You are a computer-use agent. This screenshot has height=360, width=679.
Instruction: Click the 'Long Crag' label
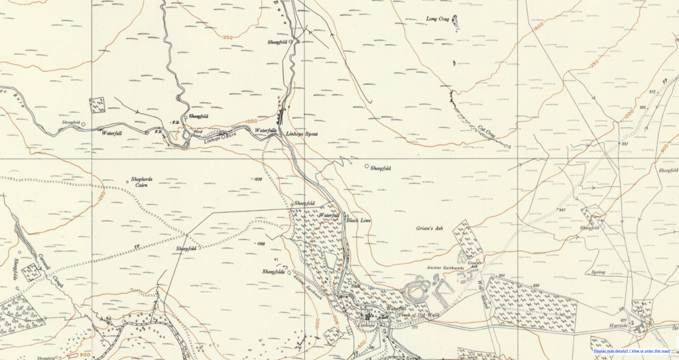click(438, 19)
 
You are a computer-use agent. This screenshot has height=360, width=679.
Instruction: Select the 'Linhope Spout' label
click(302, 135)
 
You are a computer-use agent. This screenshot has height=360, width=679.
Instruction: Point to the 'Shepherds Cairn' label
click(141, 183)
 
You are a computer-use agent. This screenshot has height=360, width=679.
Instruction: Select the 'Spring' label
click(598, 272)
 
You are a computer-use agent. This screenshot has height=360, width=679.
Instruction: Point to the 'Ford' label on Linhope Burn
click(197, 131)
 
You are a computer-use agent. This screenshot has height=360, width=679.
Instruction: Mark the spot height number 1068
click(261, 244)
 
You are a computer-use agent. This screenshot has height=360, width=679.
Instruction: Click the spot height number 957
click(624, 144)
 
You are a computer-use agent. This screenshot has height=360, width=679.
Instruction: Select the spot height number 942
click(562, 210)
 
